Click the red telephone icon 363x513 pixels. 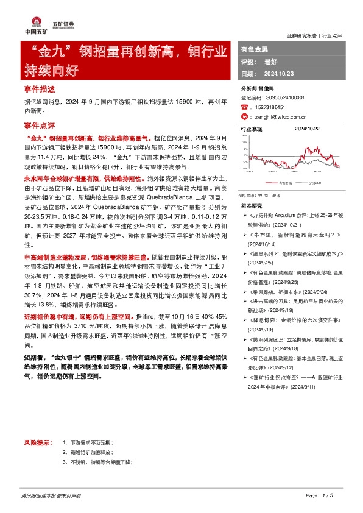(x=244, y=106)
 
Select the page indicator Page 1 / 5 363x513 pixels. (x=320, y=495)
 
